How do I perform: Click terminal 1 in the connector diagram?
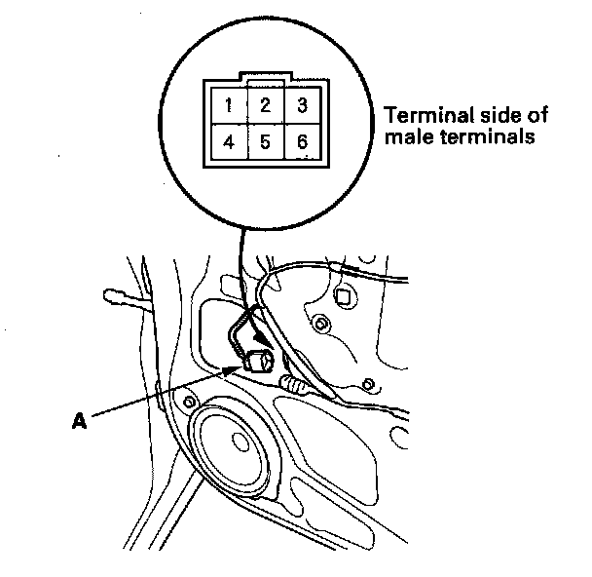[x=227, y=104]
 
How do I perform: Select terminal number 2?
[x=265, y=104]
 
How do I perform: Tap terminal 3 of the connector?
[x=303, y=104]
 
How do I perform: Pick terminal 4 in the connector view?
[x=227, y=142]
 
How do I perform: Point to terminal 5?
[x=265, y=142]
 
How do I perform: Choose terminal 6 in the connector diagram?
[x=303, y=142]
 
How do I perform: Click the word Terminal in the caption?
[x=418, y=116]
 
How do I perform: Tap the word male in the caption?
[x=403, y=137]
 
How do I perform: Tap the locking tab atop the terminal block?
[x=265, y=76]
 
